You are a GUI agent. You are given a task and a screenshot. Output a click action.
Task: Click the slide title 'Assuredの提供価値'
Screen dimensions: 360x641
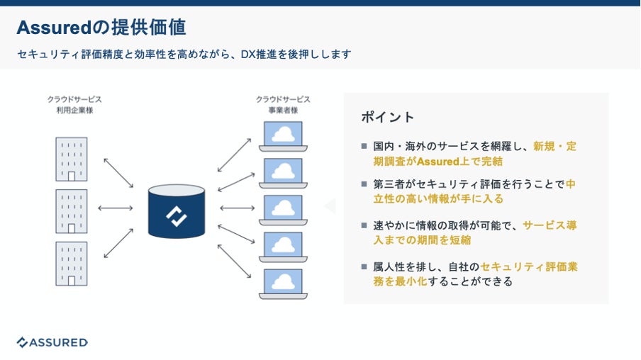[101, 28]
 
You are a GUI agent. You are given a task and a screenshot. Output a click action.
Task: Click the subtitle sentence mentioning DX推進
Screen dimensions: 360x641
[184, 54]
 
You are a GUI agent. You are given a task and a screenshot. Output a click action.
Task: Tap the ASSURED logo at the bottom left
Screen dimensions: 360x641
[52, 342]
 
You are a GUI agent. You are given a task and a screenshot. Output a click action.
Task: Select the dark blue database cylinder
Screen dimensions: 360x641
[176, 210]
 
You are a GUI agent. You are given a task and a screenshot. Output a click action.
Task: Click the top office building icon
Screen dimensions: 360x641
[72, 159]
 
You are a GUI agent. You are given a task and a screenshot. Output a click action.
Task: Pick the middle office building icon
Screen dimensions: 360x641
[72, 211]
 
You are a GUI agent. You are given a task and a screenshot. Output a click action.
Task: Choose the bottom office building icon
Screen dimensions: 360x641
[72, 264]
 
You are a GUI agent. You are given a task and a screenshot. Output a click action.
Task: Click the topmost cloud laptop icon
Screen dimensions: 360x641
[283, 136]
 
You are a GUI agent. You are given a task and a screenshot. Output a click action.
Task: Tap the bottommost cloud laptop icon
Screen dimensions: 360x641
[283, 283]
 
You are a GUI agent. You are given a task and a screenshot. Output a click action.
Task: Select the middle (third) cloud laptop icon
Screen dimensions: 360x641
[283, 210]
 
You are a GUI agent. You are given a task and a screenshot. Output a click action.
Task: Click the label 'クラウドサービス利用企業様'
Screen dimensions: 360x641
[74, 105]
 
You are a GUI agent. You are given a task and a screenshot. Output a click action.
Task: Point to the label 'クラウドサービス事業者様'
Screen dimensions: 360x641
[283, 105]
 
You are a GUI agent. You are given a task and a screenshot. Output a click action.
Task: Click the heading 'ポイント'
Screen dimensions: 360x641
[387, 117]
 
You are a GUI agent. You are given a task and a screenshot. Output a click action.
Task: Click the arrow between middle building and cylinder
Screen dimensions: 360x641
[115, 208]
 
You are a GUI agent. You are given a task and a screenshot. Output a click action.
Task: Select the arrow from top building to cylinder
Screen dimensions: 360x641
[118, 172]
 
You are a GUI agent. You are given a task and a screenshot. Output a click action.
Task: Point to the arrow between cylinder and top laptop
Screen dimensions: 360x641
[234, 154]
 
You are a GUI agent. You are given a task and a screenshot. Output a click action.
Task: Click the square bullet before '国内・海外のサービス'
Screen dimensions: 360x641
[364, 147]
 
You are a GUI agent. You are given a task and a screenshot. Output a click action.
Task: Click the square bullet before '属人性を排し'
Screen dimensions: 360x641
[364, 267]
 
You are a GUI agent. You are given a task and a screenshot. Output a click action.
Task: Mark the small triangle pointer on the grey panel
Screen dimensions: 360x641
[330, 206]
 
